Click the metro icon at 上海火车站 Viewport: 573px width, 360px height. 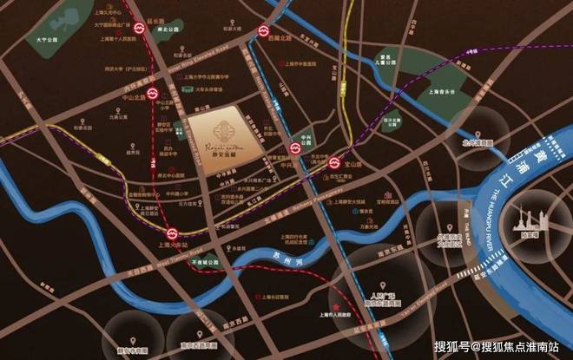click(x=175, y=234)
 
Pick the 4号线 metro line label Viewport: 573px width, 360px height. click(x=471, y=53)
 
